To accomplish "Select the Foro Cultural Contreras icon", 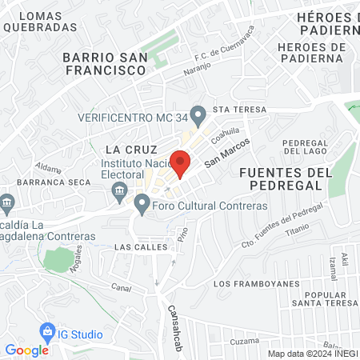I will tap(142, 206).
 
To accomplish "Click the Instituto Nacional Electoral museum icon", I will tap(120, 189).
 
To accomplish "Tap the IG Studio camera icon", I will tap(46, 331).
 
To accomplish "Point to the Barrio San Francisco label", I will tap(104, 63).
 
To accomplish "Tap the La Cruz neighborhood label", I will tap(124, 150).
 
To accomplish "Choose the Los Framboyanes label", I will tap(257, 284).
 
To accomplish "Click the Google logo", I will tap(26, 350).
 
